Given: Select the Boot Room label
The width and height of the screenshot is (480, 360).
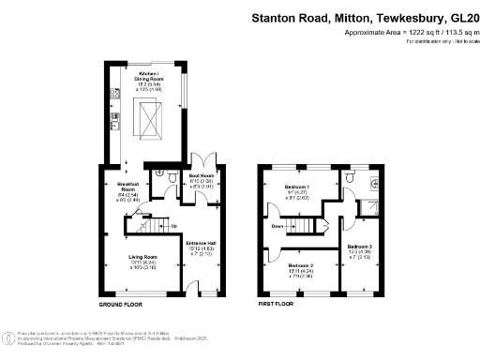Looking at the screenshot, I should click(x=202, y=178).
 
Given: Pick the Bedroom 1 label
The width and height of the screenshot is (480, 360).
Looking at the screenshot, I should click(x=297, y=192).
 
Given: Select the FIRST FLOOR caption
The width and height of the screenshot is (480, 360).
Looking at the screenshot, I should click(x=277, y=305).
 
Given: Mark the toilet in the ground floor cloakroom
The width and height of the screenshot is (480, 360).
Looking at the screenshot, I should click(x=165, y=174).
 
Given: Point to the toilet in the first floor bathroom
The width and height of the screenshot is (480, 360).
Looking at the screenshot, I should click(x=373, y=185).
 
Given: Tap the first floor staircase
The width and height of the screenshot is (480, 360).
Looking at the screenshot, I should click(x=313, y=226).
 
